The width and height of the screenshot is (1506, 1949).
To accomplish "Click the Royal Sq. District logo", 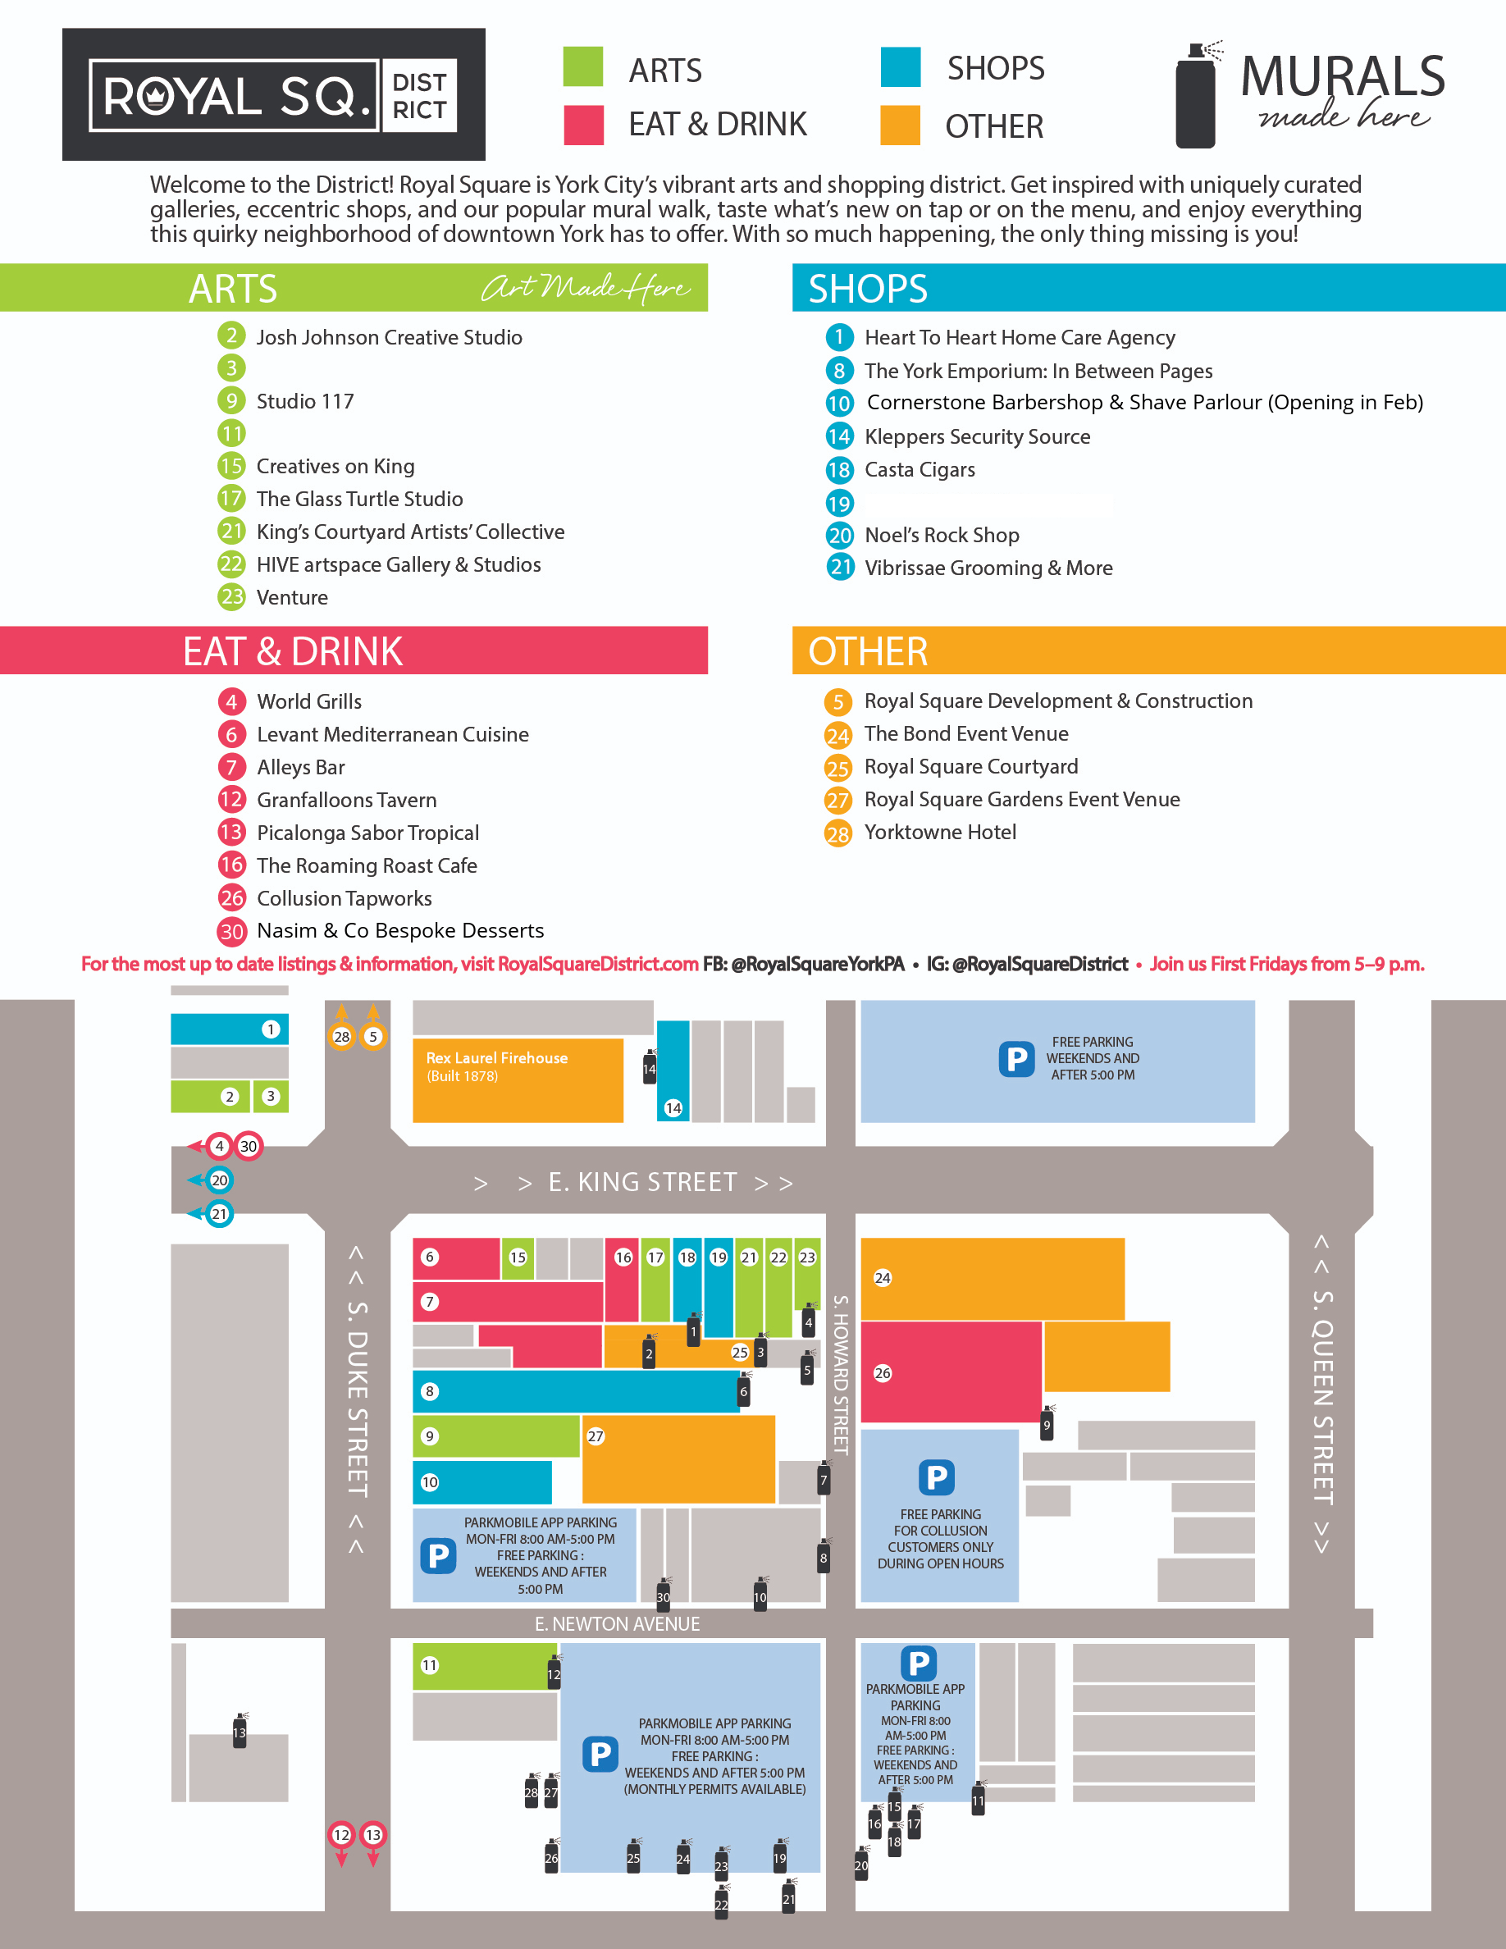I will [273, 94].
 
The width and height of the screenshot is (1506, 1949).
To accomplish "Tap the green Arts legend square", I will [582, 66].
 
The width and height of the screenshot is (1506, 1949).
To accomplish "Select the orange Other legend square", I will [899, 125].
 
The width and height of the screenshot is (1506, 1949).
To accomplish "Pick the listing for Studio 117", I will [304, 402].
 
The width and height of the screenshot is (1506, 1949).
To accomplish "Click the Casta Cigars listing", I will [919, 470].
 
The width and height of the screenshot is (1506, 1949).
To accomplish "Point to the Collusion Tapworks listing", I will [344, 899].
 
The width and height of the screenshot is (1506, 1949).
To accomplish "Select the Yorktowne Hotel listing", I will [939, 833].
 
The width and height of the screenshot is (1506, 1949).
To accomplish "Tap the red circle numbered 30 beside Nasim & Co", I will [232, 932].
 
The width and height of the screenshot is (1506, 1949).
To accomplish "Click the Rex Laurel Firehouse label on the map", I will [496, 1058].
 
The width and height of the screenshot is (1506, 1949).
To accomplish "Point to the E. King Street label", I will [642, 1182].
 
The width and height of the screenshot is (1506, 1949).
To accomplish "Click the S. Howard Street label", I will [840, 1374].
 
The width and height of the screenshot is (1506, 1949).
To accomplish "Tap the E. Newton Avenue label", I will [617, 1624].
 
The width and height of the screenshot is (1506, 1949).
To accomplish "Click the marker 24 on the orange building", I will [883, 1278].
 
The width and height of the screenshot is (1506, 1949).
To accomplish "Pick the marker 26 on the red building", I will [883, 1373].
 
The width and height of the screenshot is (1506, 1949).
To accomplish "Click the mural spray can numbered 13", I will [239, 1732].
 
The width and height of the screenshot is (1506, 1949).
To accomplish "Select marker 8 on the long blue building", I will [430, 1391].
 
